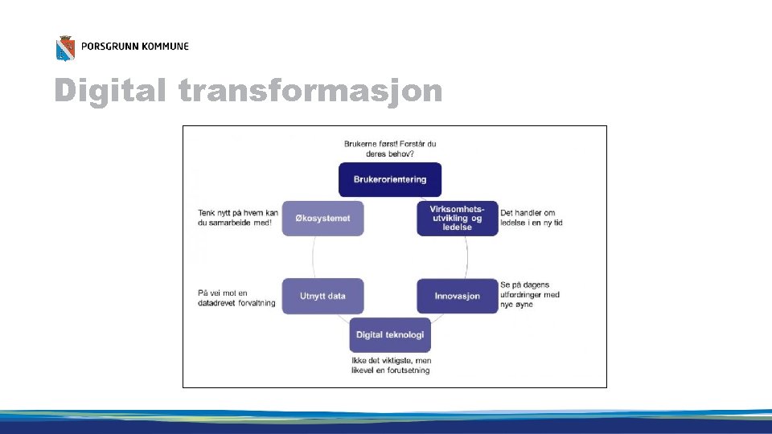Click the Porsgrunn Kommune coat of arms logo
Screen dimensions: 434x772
65,48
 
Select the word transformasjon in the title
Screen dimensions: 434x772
310,92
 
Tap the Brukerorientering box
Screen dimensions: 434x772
390,179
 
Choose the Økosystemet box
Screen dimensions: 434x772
322,218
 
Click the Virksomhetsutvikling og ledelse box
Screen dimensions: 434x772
457,218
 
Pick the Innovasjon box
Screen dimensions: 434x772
457,296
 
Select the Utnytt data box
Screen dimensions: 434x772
322,296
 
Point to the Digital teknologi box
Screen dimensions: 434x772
390,334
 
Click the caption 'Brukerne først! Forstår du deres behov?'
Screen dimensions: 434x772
390,149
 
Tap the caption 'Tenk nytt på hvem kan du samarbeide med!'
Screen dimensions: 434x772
238,218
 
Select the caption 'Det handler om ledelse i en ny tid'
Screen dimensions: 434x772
532,218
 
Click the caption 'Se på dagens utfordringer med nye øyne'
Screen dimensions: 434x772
530,295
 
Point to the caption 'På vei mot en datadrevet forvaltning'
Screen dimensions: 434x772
236,298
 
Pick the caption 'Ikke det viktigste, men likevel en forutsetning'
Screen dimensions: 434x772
391,366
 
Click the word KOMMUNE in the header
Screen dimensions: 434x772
165,47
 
